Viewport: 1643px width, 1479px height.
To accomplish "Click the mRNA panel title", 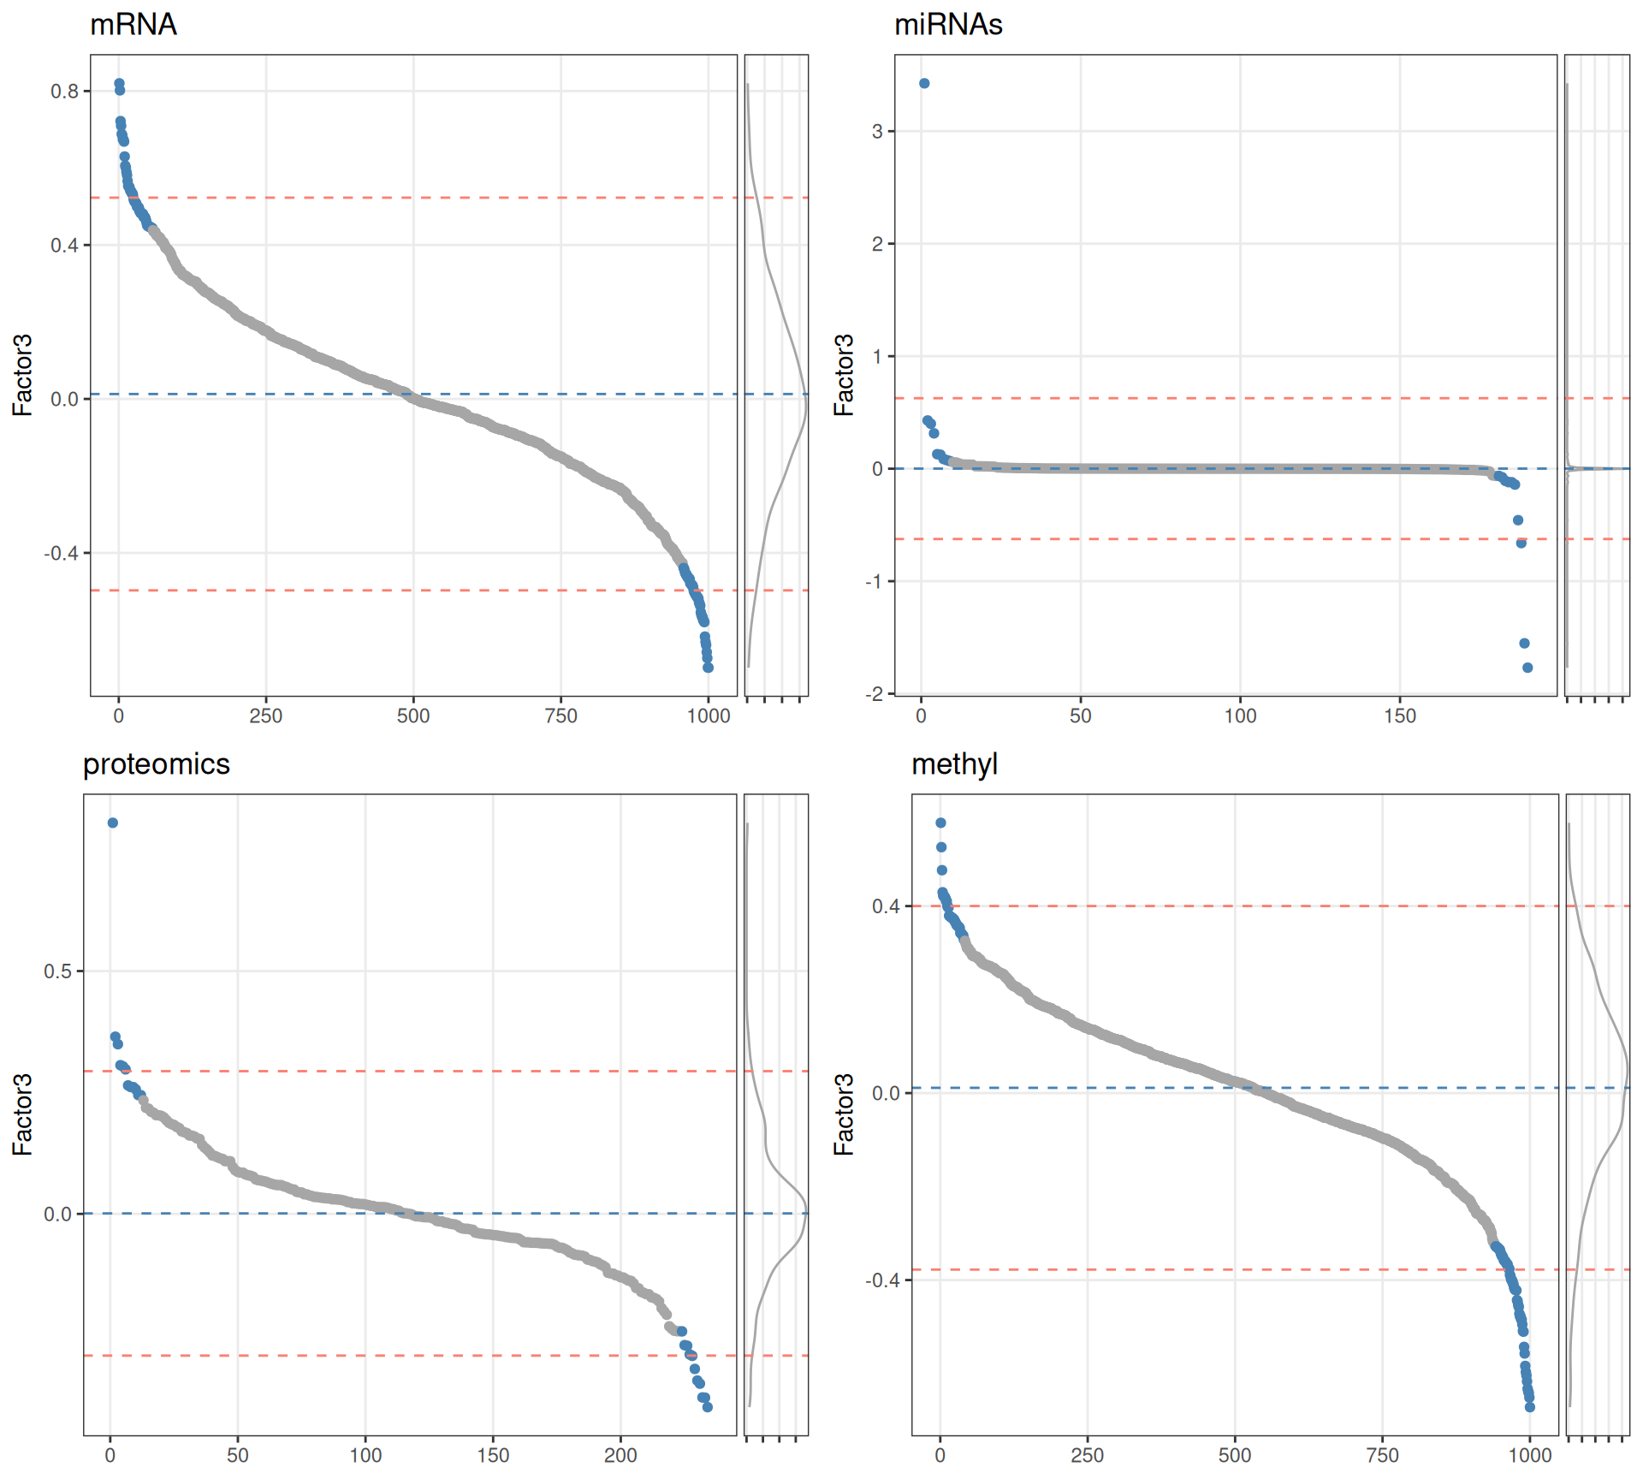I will [x=133, y=24].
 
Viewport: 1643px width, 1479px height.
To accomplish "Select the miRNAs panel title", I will [x=947, y=24].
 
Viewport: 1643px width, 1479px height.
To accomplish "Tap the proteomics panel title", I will [x=156, y=763].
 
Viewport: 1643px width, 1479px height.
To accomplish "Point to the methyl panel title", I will [x=954, y=763].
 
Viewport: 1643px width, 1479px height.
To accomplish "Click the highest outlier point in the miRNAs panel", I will [x=924, y=83].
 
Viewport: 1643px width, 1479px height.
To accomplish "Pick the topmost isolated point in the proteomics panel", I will [x=113, y=823].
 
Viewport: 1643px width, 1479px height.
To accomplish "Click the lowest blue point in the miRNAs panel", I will [x=1527, y=668].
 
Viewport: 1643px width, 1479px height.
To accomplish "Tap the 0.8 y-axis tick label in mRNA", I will [x=64, y=92].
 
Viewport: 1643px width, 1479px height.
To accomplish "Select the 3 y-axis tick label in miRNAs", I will [x=878, y=132].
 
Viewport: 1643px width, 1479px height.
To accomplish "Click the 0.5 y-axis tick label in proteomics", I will [x=58, y=971].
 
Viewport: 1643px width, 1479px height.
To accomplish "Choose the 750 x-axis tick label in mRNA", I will [x=561, y=716].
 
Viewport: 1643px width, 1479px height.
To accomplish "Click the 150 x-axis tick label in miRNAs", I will [x=1400, y=716].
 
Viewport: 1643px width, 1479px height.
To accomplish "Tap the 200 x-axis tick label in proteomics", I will [x=620, y=1455].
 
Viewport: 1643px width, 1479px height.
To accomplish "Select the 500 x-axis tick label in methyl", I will [x=1235, y=1455].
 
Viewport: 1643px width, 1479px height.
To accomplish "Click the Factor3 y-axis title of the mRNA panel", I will [x=22, y=375].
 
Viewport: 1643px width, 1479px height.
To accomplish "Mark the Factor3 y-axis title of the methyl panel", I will [x=844, y=1114].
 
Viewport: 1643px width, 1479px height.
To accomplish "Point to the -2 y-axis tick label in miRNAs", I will [x=875, y=694].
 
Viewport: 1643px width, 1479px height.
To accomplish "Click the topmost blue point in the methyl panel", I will [x=940, y=823].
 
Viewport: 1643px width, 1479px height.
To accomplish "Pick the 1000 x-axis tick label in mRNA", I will [x=709, y=716].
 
